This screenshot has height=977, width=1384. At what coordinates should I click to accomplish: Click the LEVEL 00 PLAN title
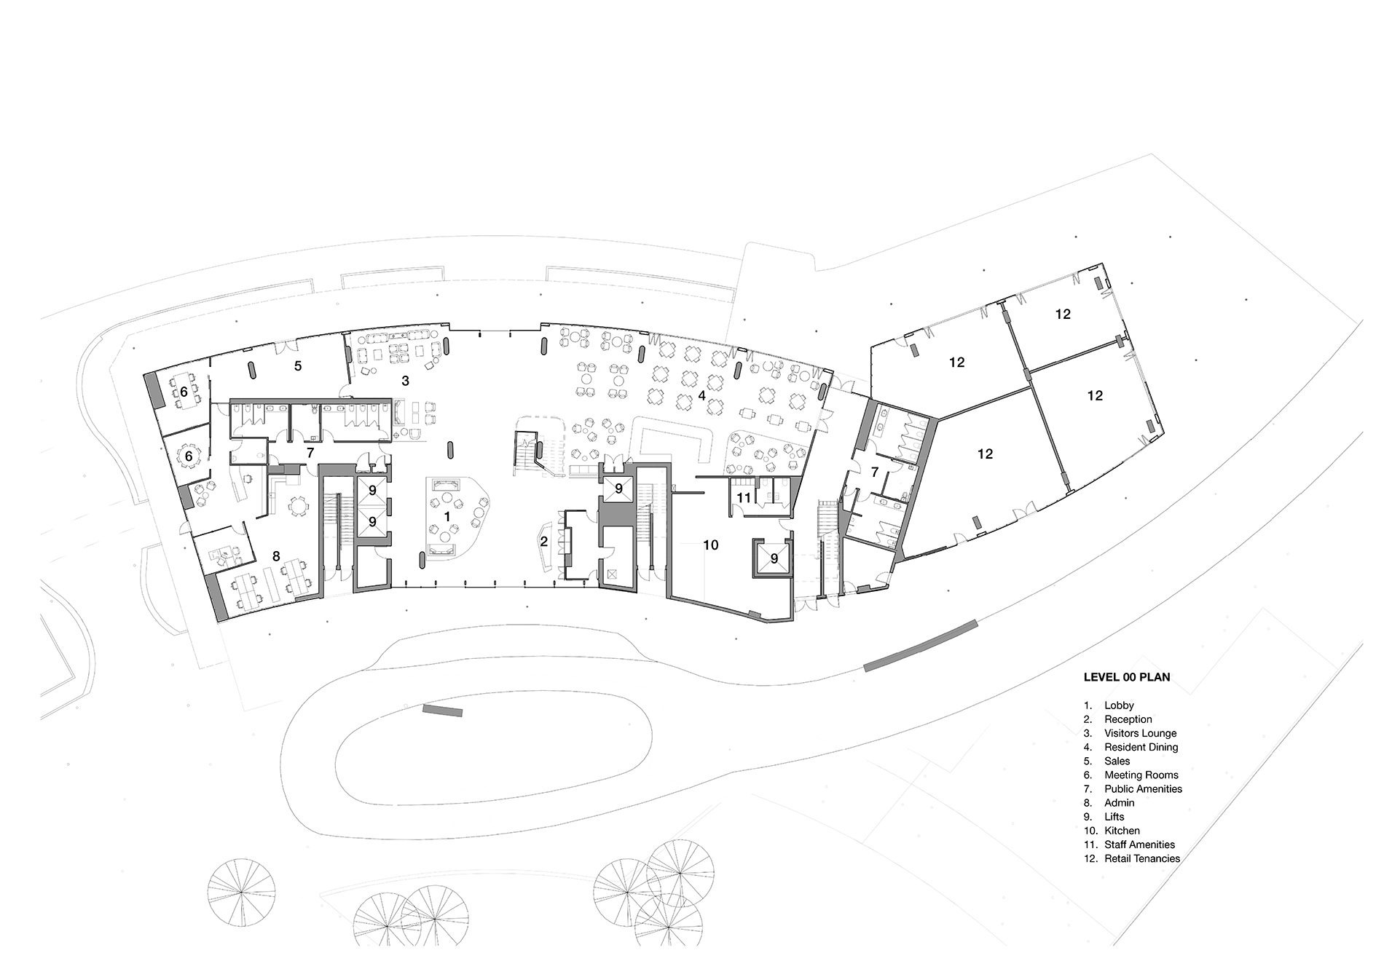[x=1126, y=677]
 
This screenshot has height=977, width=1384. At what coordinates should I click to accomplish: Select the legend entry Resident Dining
[x=1141, y=747]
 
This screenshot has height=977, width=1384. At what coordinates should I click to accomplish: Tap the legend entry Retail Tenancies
[x=1141, y=858]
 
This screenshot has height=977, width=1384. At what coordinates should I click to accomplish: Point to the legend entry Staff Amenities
[x=1139, y=845]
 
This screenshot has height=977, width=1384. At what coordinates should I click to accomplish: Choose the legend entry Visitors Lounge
[x=1140, y=733]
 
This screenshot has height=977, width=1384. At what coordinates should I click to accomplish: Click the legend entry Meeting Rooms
[x=1141, y=775]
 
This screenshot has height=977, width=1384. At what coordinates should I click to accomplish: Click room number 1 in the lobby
[x=447, y=515]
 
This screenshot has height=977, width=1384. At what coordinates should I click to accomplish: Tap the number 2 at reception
[x=543, y=542]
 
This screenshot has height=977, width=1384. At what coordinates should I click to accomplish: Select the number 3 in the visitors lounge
[x=406, y=381]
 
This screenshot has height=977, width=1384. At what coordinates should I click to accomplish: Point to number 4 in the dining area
[x=701, y=395]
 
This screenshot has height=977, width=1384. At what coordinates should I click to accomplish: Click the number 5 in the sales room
[x=298, y=365]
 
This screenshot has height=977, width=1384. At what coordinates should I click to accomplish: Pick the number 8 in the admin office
[x=275, y=556]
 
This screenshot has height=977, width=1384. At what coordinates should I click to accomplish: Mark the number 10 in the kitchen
[x=711, y=545]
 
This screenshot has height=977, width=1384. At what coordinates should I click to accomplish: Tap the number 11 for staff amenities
[x=743, y=498]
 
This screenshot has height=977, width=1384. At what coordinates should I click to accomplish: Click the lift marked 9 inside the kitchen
[x=774, y=558]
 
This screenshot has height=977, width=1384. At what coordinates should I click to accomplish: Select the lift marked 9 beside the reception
[x=618, y=489]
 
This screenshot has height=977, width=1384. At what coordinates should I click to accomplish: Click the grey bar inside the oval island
[x=442, y=710]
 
